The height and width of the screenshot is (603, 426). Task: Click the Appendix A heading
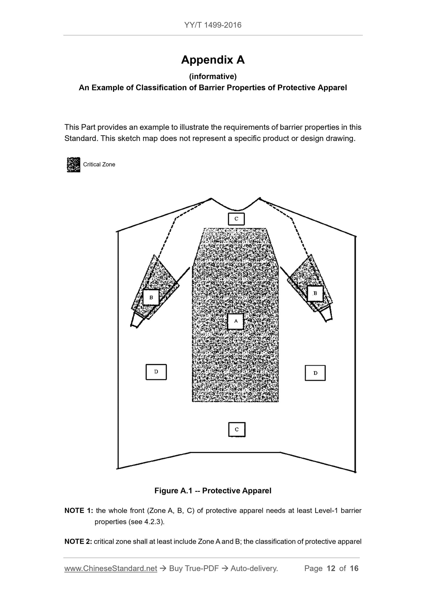pyautogui.click(x=213, y=60)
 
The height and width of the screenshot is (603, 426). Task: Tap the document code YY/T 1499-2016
pyautogui.click(x=213, y=25)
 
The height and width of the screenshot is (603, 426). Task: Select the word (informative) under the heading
pyautogui.click(x=213, y=77)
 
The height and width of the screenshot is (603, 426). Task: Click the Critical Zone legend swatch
pyautogui.click(x=73, y=165)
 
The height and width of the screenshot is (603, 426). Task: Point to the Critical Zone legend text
pyautogui.click(x=99, y=165)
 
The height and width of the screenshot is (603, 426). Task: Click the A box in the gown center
pyautogui.click(x=236, y=321)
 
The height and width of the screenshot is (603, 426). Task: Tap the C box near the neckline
pyautogui.click(x=236, y=219)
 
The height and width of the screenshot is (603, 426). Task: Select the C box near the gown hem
pyautogui.click(x=237, y=429)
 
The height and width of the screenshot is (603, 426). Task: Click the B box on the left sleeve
pyautogui.click(x=151, y=297)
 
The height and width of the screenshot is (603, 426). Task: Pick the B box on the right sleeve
pyautogui.click(x=315, y=293)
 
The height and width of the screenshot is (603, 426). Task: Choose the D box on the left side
pyautogui.click(x=156, y=372)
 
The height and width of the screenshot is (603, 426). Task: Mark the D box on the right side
pyautogui.click(x=315, y=373)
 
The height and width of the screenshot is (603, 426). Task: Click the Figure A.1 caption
pyautogui.click(x=213, y=491)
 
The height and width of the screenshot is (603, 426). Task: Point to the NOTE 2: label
pyautogui.click(x=78, y=541)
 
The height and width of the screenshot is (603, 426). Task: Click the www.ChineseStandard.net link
pyautogui.click(x=111, y=568)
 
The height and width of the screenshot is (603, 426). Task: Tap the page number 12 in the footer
pyautogui.click(x=331, y=568)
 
